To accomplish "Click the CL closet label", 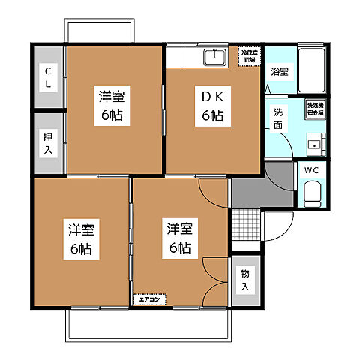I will (x=47, y=77).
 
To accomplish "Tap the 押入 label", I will (x=47, y=143).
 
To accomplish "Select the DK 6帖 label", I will (x=211, y=106).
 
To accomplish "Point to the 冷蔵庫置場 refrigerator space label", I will (x=248, y=56).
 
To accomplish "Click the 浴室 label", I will (x=280, y=72).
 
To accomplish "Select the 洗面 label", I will (x=277, y=119).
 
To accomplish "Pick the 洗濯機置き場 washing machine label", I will (x=315, y=109).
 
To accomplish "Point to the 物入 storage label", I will (x=245, y=281).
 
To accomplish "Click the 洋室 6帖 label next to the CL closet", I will (x=110, y=106).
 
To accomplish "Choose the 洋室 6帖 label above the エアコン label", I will (x=178, y=237).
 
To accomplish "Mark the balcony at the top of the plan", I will (x=100, y=32).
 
